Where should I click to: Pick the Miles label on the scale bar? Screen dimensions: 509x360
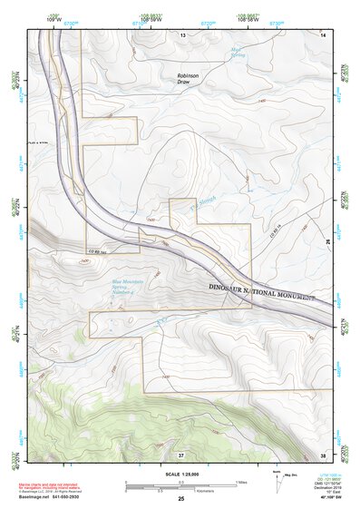pos(240,481)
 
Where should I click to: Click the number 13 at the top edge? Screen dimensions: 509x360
pos(181,34)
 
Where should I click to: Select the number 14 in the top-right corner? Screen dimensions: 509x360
pos(323,34)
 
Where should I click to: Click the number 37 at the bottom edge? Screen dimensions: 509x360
pos(181,454)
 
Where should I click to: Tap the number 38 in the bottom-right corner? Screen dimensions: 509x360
pos(323,454)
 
